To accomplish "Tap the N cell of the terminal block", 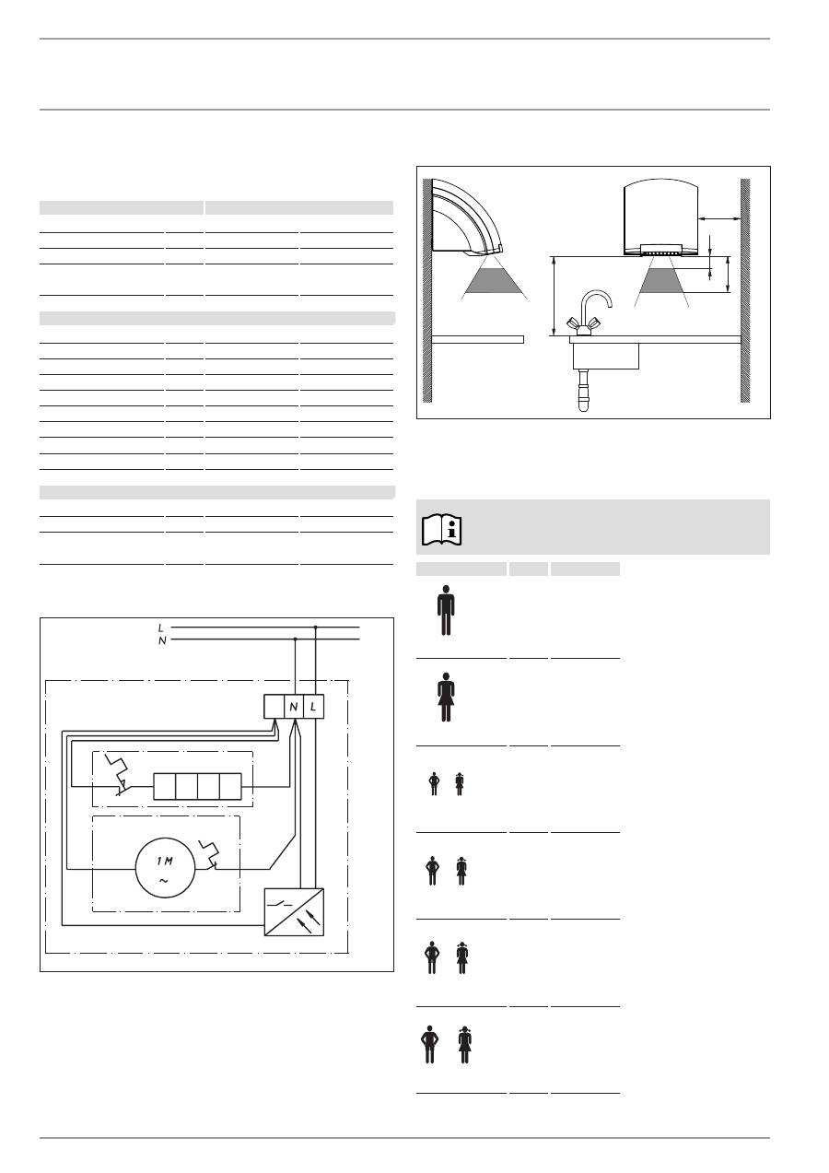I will click(294, 707).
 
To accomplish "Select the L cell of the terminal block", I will click(315, 707).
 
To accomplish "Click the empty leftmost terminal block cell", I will click(274, 707).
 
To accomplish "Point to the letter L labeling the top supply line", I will click(162, 628).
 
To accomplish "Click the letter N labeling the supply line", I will click(162, 639).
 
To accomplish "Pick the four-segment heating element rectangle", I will click(197, 786).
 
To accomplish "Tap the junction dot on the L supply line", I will click(316, 628).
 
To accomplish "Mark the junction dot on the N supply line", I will click(295, 639).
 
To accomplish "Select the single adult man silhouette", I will click(447, 610).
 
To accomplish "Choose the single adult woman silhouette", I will click(447, 698).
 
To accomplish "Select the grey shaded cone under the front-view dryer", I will click(661, 277).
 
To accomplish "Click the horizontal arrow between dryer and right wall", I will click(719, 218).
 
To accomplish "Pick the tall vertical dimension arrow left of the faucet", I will click(553, 296).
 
